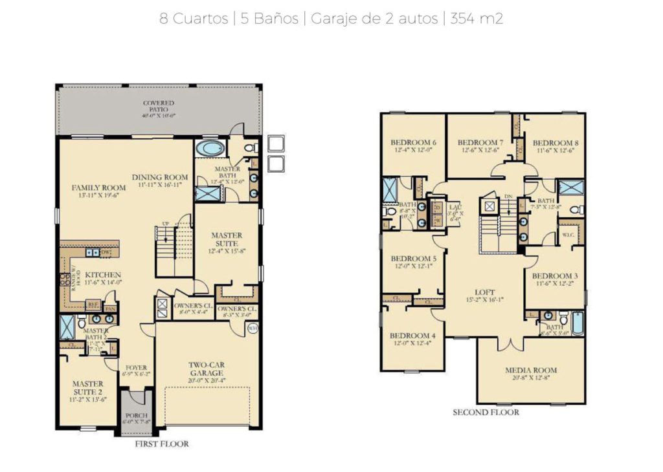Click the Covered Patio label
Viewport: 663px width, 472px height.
pyautogui.click(x=159, y=107)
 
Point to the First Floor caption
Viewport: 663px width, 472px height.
pyautogui.click(x=161, y=444)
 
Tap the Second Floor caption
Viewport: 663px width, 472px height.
pyautogui.click(x=486, y=412)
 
